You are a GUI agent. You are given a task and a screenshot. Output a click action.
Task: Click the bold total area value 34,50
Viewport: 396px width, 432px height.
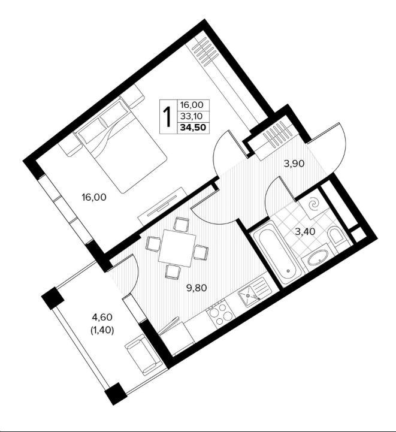(x=193, y=128)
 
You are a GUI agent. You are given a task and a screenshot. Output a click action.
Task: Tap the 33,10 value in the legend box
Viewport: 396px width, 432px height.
(x=191, y=116)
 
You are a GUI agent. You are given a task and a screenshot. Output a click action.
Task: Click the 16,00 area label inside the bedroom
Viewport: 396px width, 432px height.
(x=93, y=197)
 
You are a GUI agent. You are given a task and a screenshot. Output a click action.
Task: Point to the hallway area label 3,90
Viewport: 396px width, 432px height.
(x=294, y=164)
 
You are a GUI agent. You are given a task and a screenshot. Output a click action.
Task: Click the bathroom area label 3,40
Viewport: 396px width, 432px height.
(x=305, y=231)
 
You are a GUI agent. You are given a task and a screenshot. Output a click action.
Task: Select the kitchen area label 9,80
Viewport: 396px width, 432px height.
(x=197, y=288)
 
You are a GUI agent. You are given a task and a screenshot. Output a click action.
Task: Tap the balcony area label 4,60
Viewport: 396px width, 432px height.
(x=102, y=318)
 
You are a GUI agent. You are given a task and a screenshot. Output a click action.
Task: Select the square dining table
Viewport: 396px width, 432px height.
(x=177, y=249)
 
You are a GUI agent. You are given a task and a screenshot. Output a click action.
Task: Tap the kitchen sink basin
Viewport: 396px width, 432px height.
(x=249, y=296)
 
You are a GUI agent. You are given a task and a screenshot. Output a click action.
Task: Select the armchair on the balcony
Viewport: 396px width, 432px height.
(x=144, y=354)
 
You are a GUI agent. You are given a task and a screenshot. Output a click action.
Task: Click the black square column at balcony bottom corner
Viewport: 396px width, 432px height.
(x=116, y=394)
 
